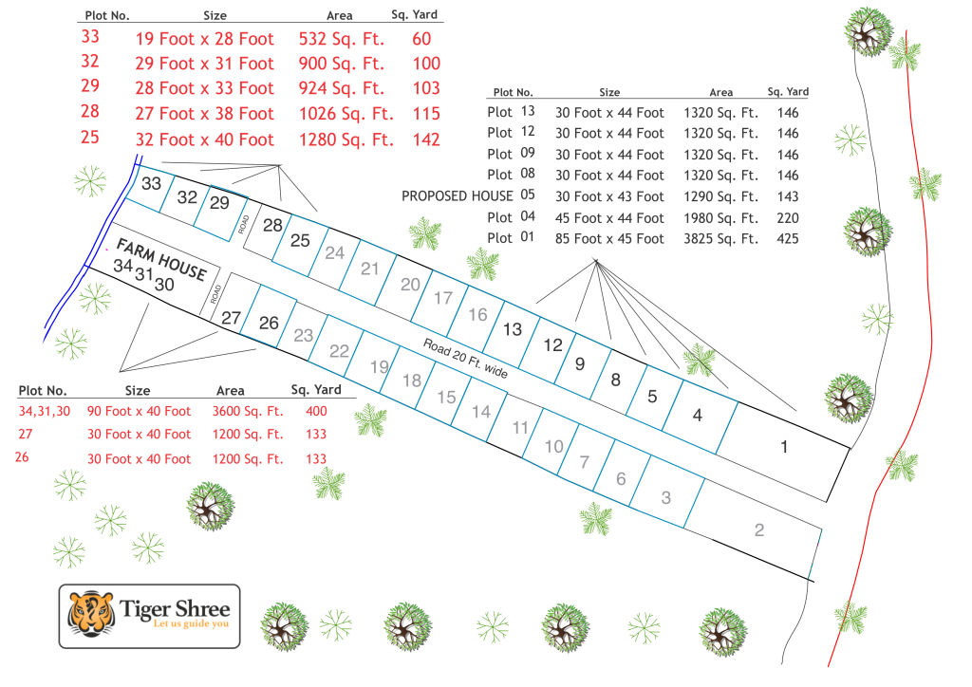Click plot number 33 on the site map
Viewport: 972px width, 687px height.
[x=151, y=184]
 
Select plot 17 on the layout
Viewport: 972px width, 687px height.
[x=442, y=298]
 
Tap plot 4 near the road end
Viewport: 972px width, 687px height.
[x=698, y=414]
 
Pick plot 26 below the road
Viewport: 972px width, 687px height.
[x=269, y=323]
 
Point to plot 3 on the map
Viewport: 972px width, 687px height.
[x=666, y=496]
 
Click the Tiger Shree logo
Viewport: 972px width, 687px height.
[x=150, y=616]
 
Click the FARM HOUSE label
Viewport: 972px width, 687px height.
[x=160, y=259]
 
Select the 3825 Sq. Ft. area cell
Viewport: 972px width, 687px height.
[x=720, y=239]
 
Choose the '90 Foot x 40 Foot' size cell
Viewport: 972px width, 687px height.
[x=139, y=411]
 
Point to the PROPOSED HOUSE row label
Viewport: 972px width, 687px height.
[x=458, y=196]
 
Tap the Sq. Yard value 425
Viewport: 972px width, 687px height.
[x=787, y=239]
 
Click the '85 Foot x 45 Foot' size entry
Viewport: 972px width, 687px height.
[x=609, y=239]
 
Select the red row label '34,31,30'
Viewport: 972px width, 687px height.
[x=44, y=411]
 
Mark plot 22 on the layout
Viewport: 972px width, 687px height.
[x=339, y=350]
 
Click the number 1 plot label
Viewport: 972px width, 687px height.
[x=784, y=446]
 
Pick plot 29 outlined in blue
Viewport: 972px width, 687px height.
[x=219, y=203]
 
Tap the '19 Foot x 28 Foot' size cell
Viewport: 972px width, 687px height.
[x=205, y=39]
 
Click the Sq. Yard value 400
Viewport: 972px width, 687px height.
[x=316, y=411]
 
